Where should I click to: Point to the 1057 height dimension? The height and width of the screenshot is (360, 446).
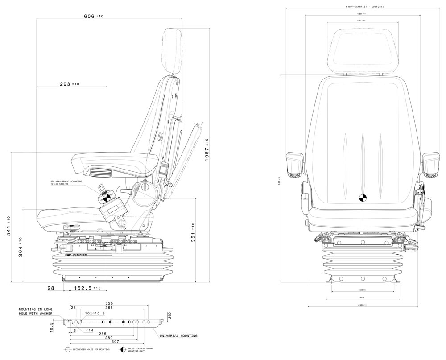207,150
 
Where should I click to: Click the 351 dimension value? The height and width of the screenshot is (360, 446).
193,232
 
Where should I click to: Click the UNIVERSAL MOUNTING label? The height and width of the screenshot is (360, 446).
178,335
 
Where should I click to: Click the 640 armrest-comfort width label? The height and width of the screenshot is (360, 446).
365,7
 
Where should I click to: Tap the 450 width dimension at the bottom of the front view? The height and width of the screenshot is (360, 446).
362,305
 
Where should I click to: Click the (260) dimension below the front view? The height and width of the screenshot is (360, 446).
362,290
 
